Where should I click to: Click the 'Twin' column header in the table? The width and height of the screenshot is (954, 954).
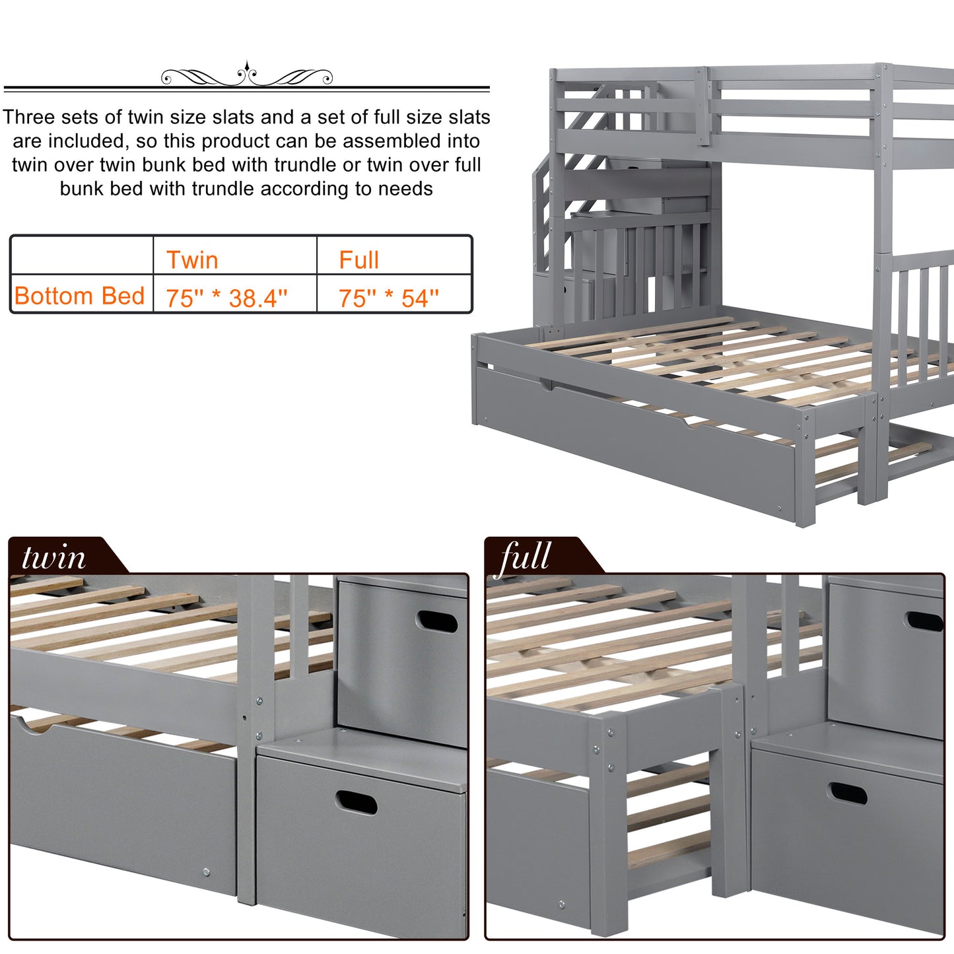[192, 260]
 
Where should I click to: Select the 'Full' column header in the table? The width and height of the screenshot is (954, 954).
[359, 260]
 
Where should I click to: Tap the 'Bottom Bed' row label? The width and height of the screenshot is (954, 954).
[79, 296]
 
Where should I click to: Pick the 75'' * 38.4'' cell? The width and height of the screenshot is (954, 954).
[226, 298]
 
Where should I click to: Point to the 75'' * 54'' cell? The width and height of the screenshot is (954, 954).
[389, 298]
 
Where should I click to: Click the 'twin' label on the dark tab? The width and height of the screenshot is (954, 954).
[53, 558]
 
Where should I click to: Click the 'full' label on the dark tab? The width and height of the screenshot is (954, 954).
[525, 558]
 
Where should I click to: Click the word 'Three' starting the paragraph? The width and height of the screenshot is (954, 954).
[28, 118]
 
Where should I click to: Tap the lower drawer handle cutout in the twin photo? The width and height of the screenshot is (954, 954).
[356, 803]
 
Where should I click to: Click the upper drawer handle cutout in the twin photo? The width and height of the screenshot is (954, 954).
[436, 621]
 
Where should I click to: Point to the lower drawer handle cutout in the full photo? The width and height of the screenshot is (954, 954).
[846, 793]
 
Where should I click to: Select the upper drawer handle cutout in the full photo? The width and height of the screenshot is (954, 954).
[925, 621]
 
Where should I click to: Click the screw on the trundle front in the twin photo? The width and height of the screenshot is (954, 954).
[206, 872]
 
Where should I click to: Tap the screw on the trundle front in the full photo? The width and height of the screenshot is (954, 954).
[561, 905]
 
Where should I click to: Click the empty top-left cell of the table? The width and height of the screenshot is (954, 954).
[82, 255]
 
